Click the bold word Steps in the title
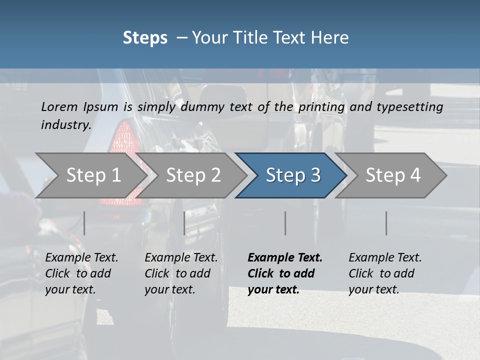click(x=145, y=38)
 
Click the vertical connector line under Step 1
click(x=84, y=223)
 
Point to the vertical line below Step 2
click(x=184, y=223)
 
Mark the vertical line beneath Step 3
click(x=285, y=223)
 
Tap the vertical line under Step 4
click(x=386, y=223)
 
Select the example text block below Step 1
click(x=81, y=273)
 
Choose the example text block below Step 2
click(x=181, y=273)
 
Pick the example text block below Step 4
click(x=385, y=273)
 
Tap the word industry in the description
click(x=66, y=125)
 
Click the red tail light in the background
click(x=122, y=145)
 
